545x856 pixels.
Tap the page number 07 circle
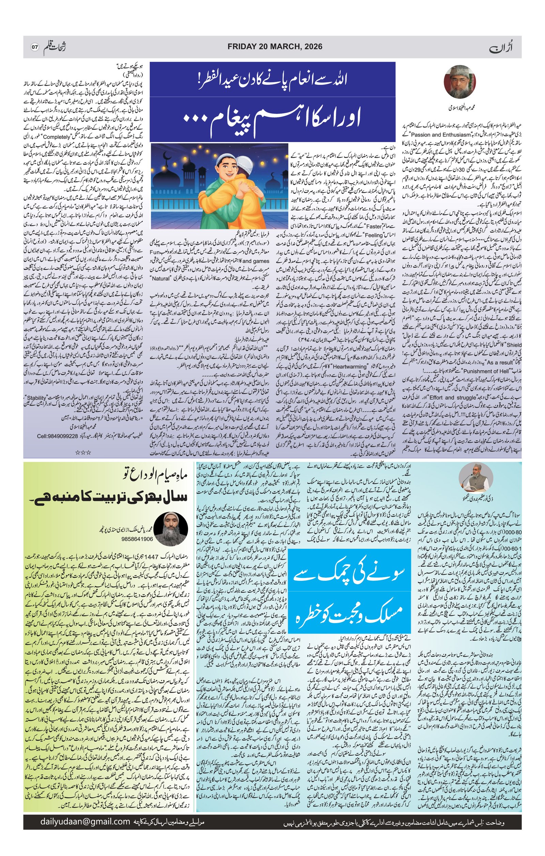tap(34, 47)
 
